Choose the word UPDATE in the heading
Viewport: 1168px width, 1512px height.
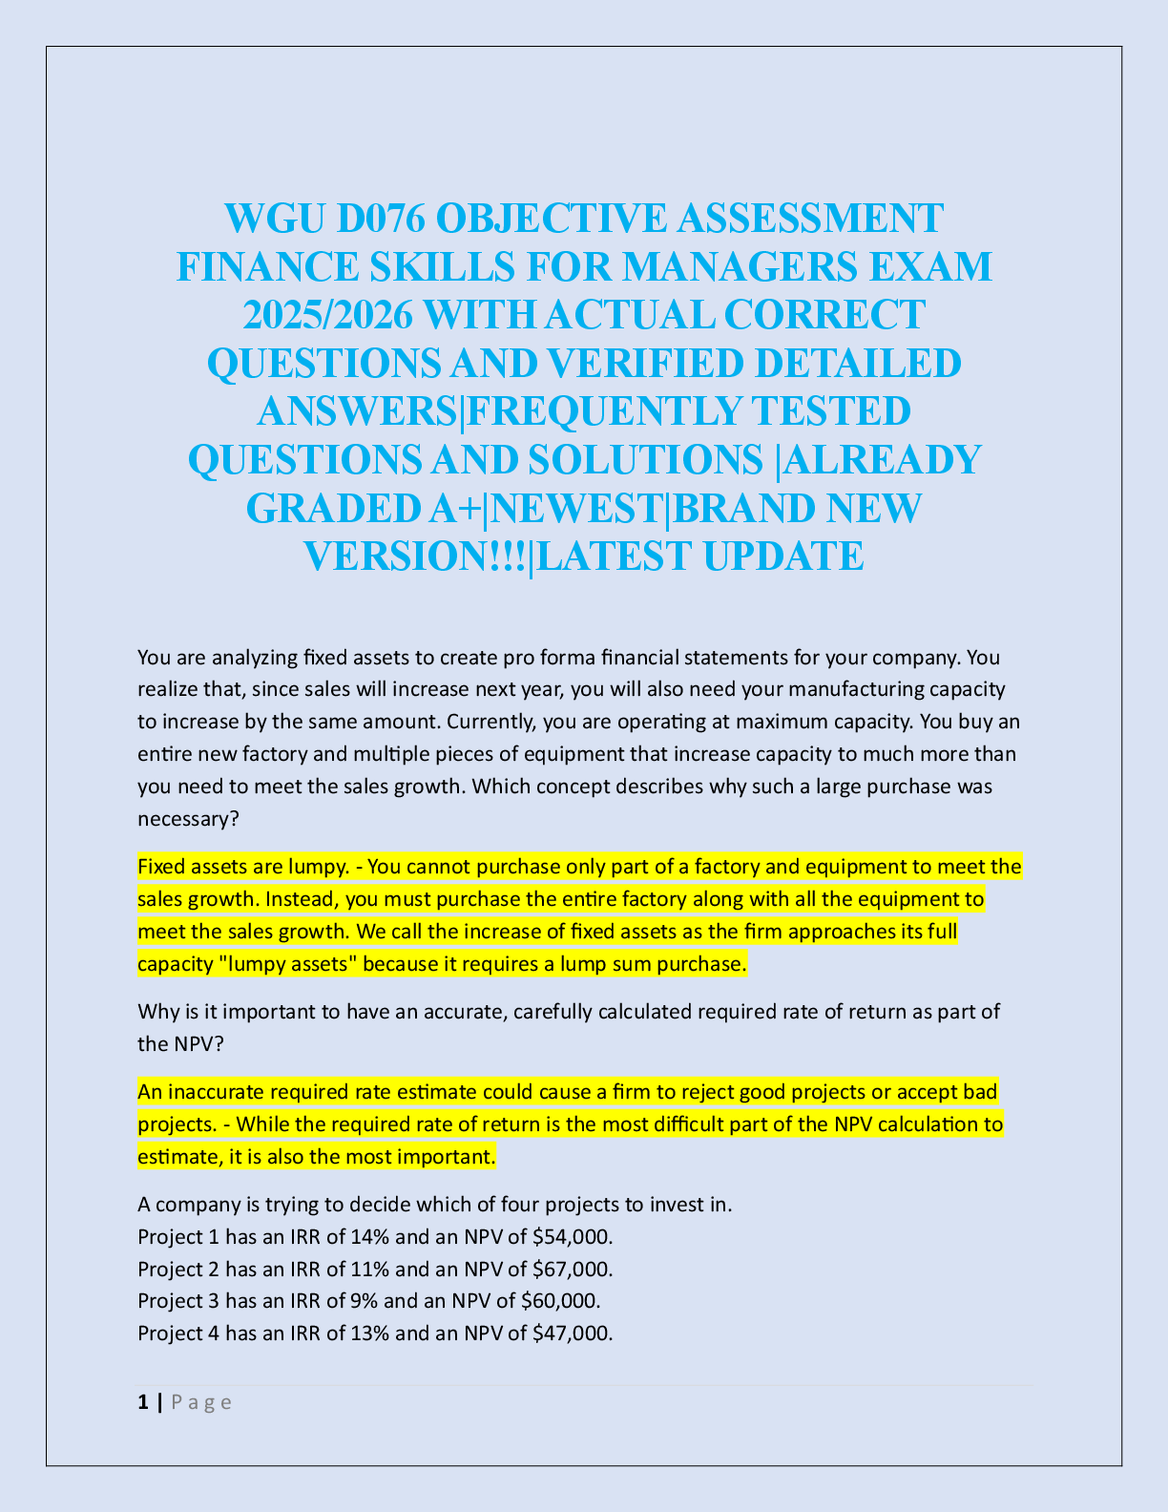(x=783, y=556)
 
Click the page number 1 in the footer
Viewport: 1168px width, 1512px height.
(x=143, y=1402)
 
